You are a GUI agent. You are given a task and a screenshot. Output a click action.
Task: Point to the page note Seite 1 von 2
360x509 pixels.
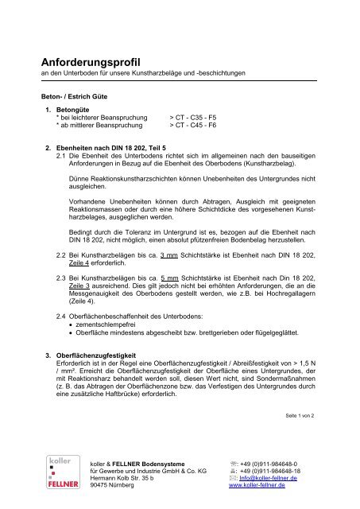coord(299,415)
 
